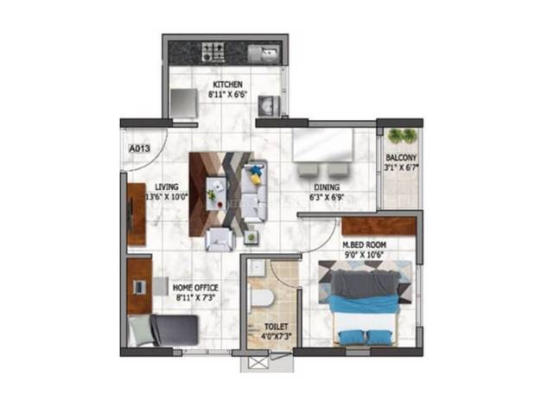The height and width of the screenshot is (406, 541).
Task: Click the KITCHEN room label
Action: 227,84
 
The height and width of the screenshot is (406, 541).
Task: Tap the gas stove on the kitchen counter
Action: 213,52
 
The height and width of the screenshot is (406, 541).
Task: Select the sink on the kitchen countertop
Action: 264,54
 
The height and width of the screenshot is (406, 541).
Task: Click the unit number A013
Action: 139,149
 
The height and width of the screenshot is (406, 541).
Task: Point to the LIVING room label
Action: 167,187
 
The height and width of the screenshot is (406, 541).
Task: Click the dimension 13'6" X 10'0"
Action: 167,197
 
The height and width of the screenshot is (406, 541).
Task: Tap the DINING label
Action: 327,187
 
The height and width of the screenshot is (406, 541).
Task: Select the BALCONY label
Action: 401,157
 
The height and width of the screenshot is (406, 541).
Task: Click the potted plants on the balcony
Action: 402,136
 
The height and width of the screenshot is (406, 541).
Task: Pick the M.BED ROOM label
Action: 364,245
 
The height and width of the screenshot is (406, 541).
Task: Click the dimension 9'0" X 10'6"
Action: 365,255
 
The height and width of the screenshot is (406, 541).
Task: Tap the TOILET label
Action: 276,327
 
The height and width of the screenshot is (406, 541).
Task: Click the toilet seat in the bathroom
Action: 261,297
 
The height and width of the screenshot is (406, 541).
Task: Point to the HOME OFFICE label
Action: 195,288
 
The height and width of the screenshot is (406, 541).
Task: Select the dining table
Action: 323,145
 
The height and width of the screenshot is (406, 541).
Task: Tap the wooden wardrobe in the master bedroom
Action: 379,226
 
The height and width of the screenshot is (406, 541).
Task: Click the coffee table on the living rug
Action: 216,193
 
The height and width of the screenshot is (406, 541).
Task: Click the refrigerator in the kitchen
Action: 184,104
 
